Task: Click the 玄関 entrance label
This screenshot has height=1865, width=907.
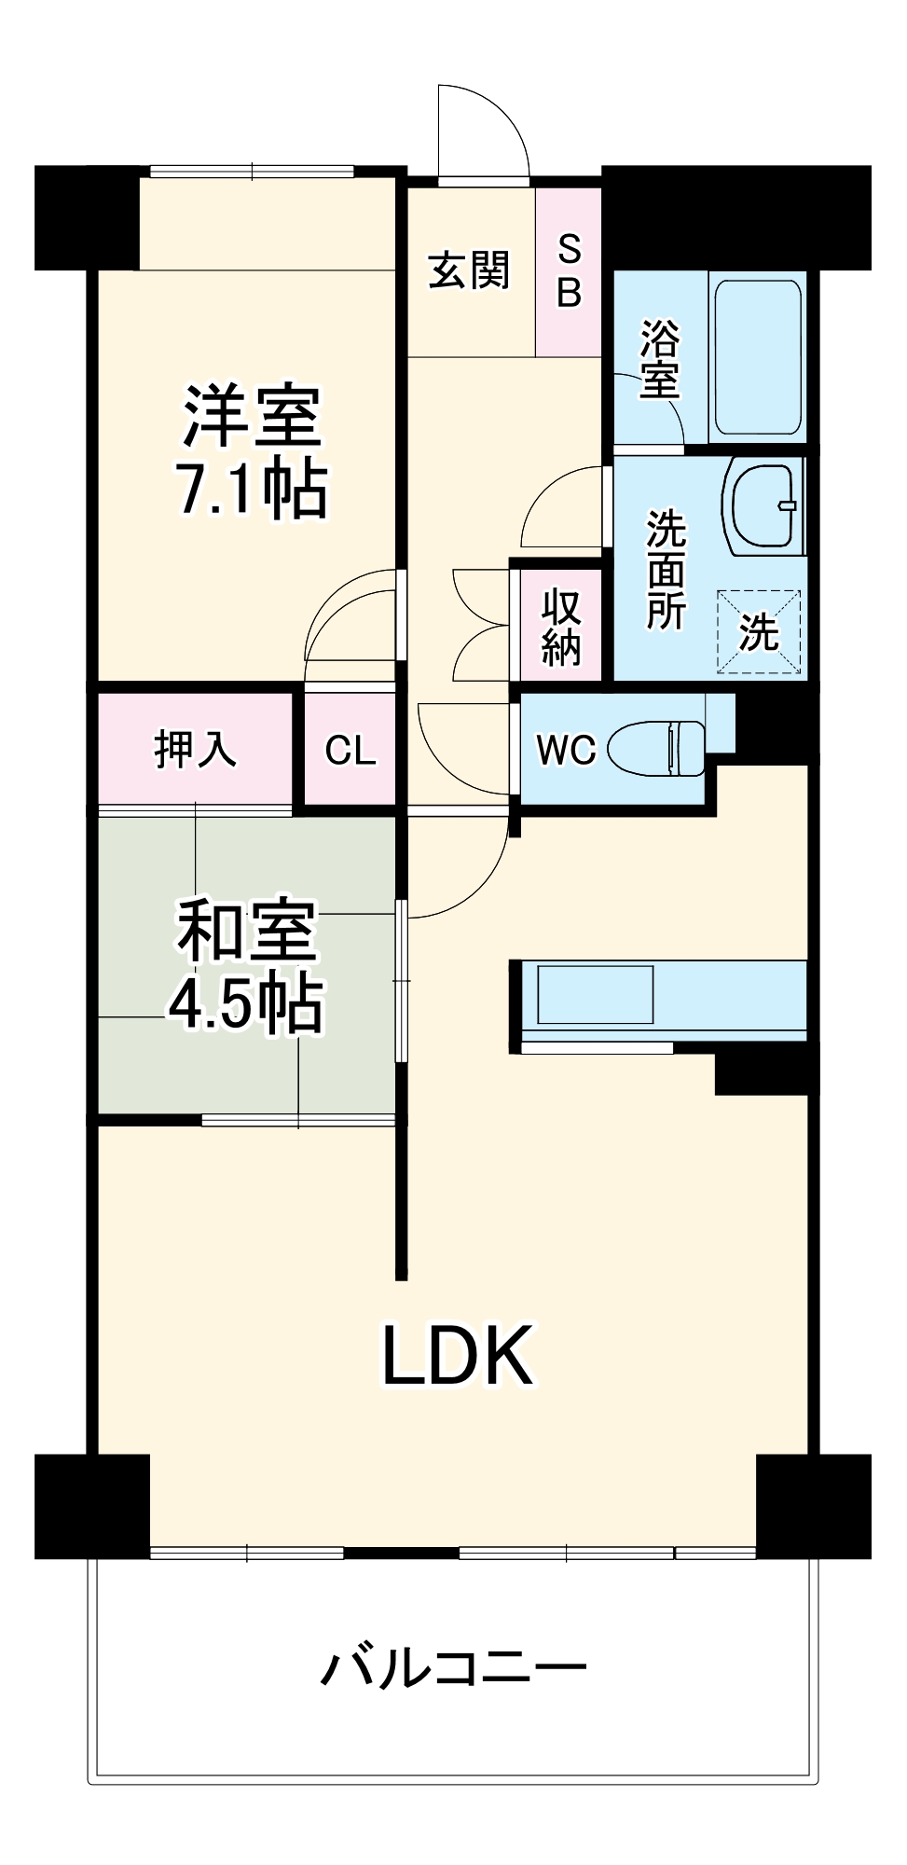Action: click(x=469, y=270)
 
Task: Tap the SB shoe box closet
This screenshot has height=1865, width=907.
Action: click(x=569, y=271)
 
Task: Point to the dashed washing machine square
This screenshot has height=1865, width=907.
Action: click(x=758, y=631)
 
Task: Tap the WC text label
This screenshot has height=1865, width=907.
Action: click(x=566, y=749)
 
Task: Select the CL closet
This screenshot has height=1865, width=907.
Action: click(x=350, y=750)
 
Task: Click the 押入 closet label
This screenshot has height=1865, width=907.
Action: click(x=196, y=749)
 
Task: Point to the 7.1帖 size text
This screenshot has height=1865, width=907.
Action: click(x=252, y=489)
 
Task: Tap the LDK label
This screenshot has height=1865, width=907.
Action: click(x=458, y=1355)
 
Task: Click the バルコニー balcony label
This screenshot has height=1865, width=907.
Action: click(x=454, y=1667)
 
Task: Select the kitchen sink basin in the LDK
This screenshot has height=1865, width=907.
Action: click(x=595, y=995)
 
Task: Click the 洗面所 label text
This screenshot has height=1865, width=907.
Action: click(x=666, y=569)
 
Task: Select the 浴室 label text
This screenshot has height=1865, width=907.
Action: click(x=659, y=359)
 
